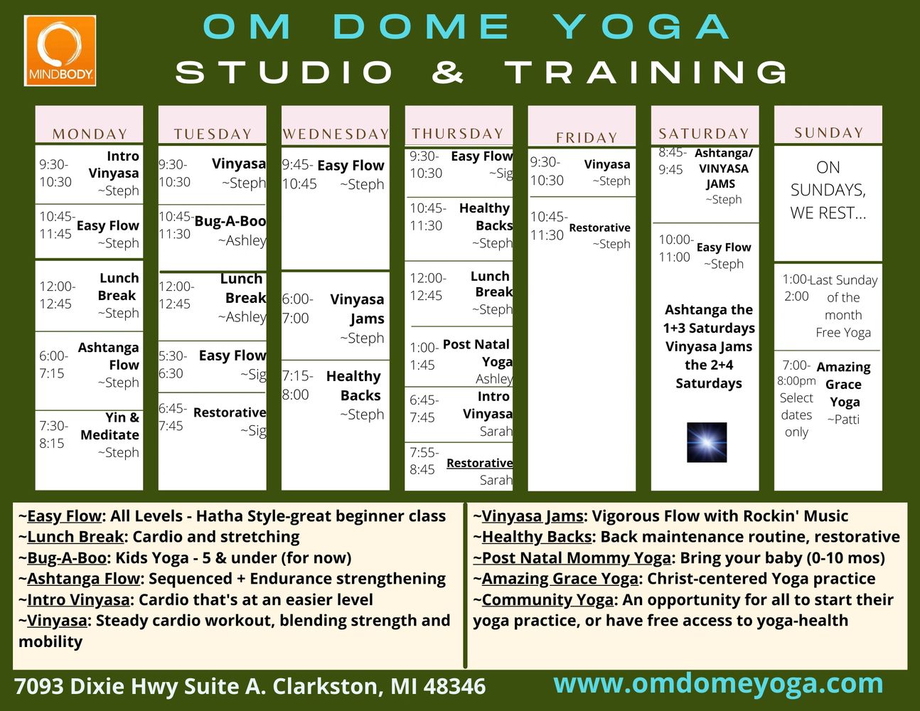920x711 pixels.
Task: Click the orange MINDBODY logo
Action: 60,50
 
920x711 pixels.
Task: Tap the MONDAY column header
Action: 90,134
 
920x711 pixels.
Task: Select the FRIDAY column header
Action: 587,137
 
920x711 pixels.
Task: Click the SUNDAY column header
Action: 828,133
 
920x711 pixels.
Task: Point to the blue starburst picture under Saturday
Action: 707,442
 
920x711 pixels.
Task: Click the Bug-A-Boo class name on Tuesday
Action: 230,221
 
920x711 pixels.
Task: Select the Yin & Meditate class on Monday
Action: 109,426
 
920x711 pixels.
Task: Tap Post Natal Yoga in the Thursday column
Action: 478,353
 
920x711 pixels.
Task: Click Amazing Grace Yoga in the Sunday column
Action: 844,384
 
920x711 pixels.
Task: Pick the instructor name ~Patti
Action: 843,419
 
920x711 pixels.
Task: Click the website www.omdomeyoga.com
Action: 719,684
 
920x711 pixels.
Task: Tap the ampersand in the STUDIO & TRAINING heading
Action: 447,72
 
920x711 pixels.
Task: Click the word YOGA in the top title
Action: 642,27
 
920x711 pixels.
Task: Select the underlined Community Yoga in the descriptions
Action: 547,600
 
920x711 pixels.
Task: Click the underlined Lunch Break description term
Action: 75,537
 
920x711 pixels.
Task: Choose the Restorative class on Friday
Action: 599,228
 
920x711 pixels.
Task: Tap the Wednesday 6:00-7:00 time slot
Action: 298,309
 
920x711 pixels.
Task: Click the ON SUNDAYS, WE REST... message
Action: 828,190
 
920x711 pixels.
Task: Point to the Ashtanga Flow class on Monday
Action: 108,356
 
